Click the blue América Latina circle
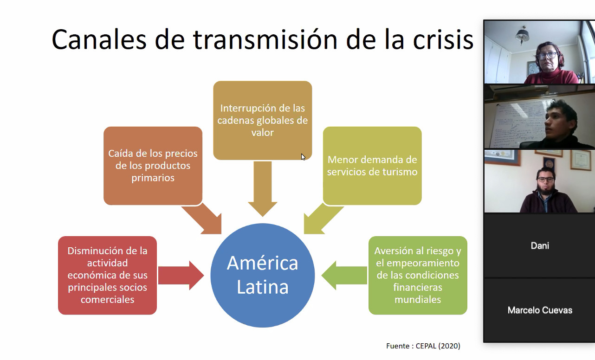tap(262, 275)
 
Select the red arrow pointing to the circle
tap(181, 275)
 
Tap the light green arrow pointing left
tap(344, 275)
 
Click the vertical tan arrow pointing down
tap(262, 189)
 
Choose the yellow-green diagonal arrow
tap(322, 219)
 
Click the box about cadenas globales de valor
tap(262, 120)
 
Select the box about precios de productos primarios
tap(153, 166)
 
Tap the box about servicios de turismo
tap(372, 166)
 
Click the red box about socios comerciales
tap(107, 275)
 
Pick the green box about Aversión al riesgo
tap(418, 275)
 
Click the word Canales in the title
tap(99, 40)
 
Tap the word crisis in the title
tap(443, 40)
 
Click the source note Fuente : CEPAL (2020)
tap(423, 346)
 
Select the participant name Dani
tap(540, 245)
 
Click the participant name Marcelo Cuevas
tap(540, 310)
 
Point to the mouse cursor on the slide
tap(303, 157)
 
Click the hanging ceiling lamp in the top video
tap(522, 35)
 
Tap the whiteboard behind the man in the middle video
tap(518, 124)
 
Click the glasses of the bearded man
tap(546, 180)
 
